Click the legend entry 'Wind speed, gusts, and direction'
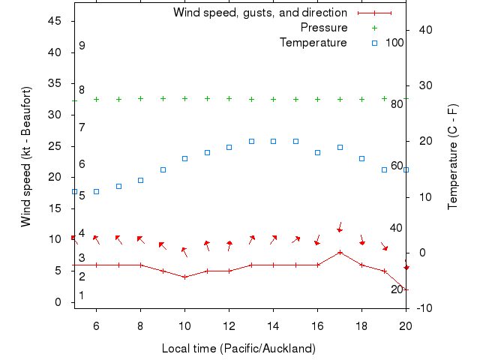[x=259, y=13]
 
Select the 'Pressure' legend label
[x=324, y=28]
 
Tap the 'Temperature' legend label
[x=313, y=43]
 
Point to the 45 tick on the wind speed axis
[x=55, y=21]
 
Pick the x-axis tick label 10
[x=184, y=325]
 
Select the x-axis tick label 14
[x=273, y=325]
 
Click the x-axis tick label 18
[x=361, y=325]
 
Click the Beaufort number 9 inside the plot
[x=82, y=46]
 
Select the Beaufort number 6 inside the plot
[x=82, y=163]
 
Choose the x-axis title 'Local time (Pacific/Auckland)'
[x=238, y=349]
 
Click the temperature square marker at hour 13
[x=251, y=141]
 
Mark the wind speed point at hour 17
[x=340, y=252]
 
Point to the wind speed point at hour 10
[x=184, y=277]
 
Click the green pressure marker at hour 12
[x=229, y=98]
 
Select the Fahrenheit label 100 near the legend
[x=394, y=43]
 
